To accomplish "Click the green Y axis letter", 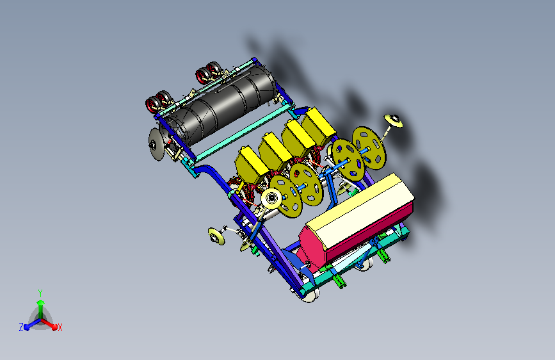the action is [40, 293].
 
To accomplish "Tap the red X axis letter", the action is [60, 328].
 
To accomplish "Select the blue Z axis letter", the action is [21, 327].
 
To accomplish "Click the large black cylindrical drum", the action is [220, 105].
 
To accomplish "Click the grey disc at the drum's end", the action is [156, 145].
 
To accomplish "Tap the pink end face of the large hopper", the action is [312, 248].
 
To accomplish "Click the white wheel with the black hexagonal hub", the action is [271, 199].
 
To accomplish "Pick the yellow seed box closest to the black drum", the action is [319, 126].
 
